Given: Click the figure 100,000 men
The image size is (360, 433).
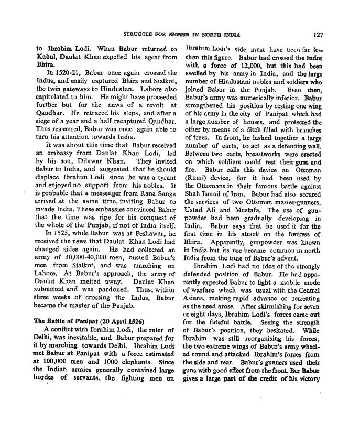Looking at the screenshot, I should pyautogui.click(x=37, y=362).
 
